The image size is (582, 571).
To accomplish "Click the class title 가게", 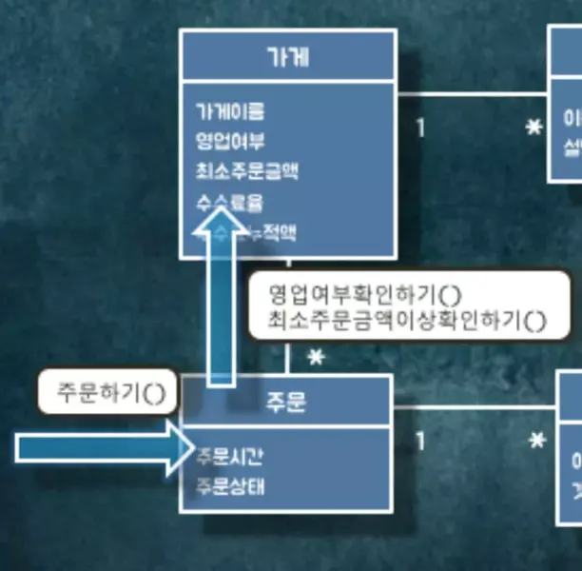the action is point(287,56).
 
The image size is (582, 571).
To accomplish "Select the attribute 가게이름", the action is point(229,111).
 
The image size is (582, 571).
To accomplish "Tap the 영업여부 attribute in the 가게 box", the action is point(229,142).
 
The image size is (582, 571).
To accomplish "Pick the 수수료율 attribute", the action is point(229,203).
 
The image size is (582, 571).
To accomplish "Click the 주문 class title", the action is point(285,403).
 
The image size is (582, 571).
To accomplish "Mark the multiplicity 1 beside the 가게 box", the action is point(419,128).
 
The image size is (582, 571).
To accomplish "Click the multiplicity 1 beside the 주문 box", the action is point(419,443).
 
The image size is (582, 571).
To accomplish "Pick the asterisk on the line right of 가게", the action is point(534,128).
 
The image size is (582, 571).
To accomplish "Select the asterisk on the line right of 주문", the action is point(537,443).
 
